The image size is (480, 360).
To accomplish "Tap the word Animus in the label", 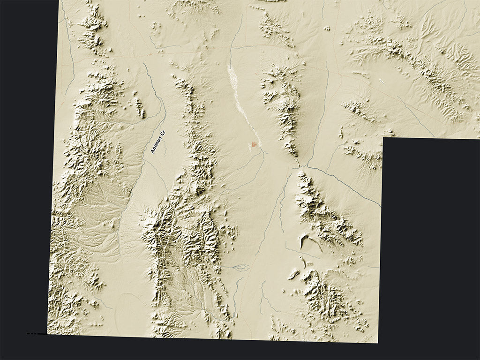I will [156, 145].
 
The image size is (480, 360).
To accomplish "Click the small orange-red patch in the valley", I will [254, 145].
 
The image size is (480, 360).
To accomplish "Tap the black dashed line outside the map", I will [32, 333].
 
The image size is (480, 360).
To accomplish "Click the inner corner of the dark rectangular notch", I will [383, 138].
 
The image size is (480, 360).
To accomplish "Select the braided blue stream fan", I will [237, 267].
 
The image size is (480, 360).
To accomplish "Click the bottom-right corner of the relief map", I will [378, 343].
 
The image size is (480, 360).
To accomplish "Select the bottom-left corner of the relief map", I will [47, 334].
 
